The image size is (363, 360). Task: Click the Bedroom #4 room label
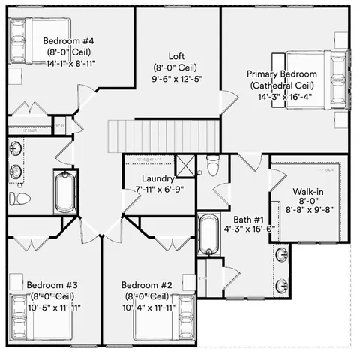point(68,40)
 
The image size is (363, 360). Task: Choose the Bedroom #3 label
point(52,286)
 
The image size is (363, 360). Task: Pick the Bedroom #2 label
point(148,286)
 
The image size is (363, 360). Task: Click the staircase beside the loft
point(164,136)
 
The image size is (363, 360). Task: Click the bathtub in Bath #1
point(208,234)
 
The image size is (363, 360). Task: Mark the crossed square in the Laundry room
point(184,165)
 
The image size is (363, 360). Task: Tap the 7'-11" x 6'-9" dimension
point(160,190)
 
